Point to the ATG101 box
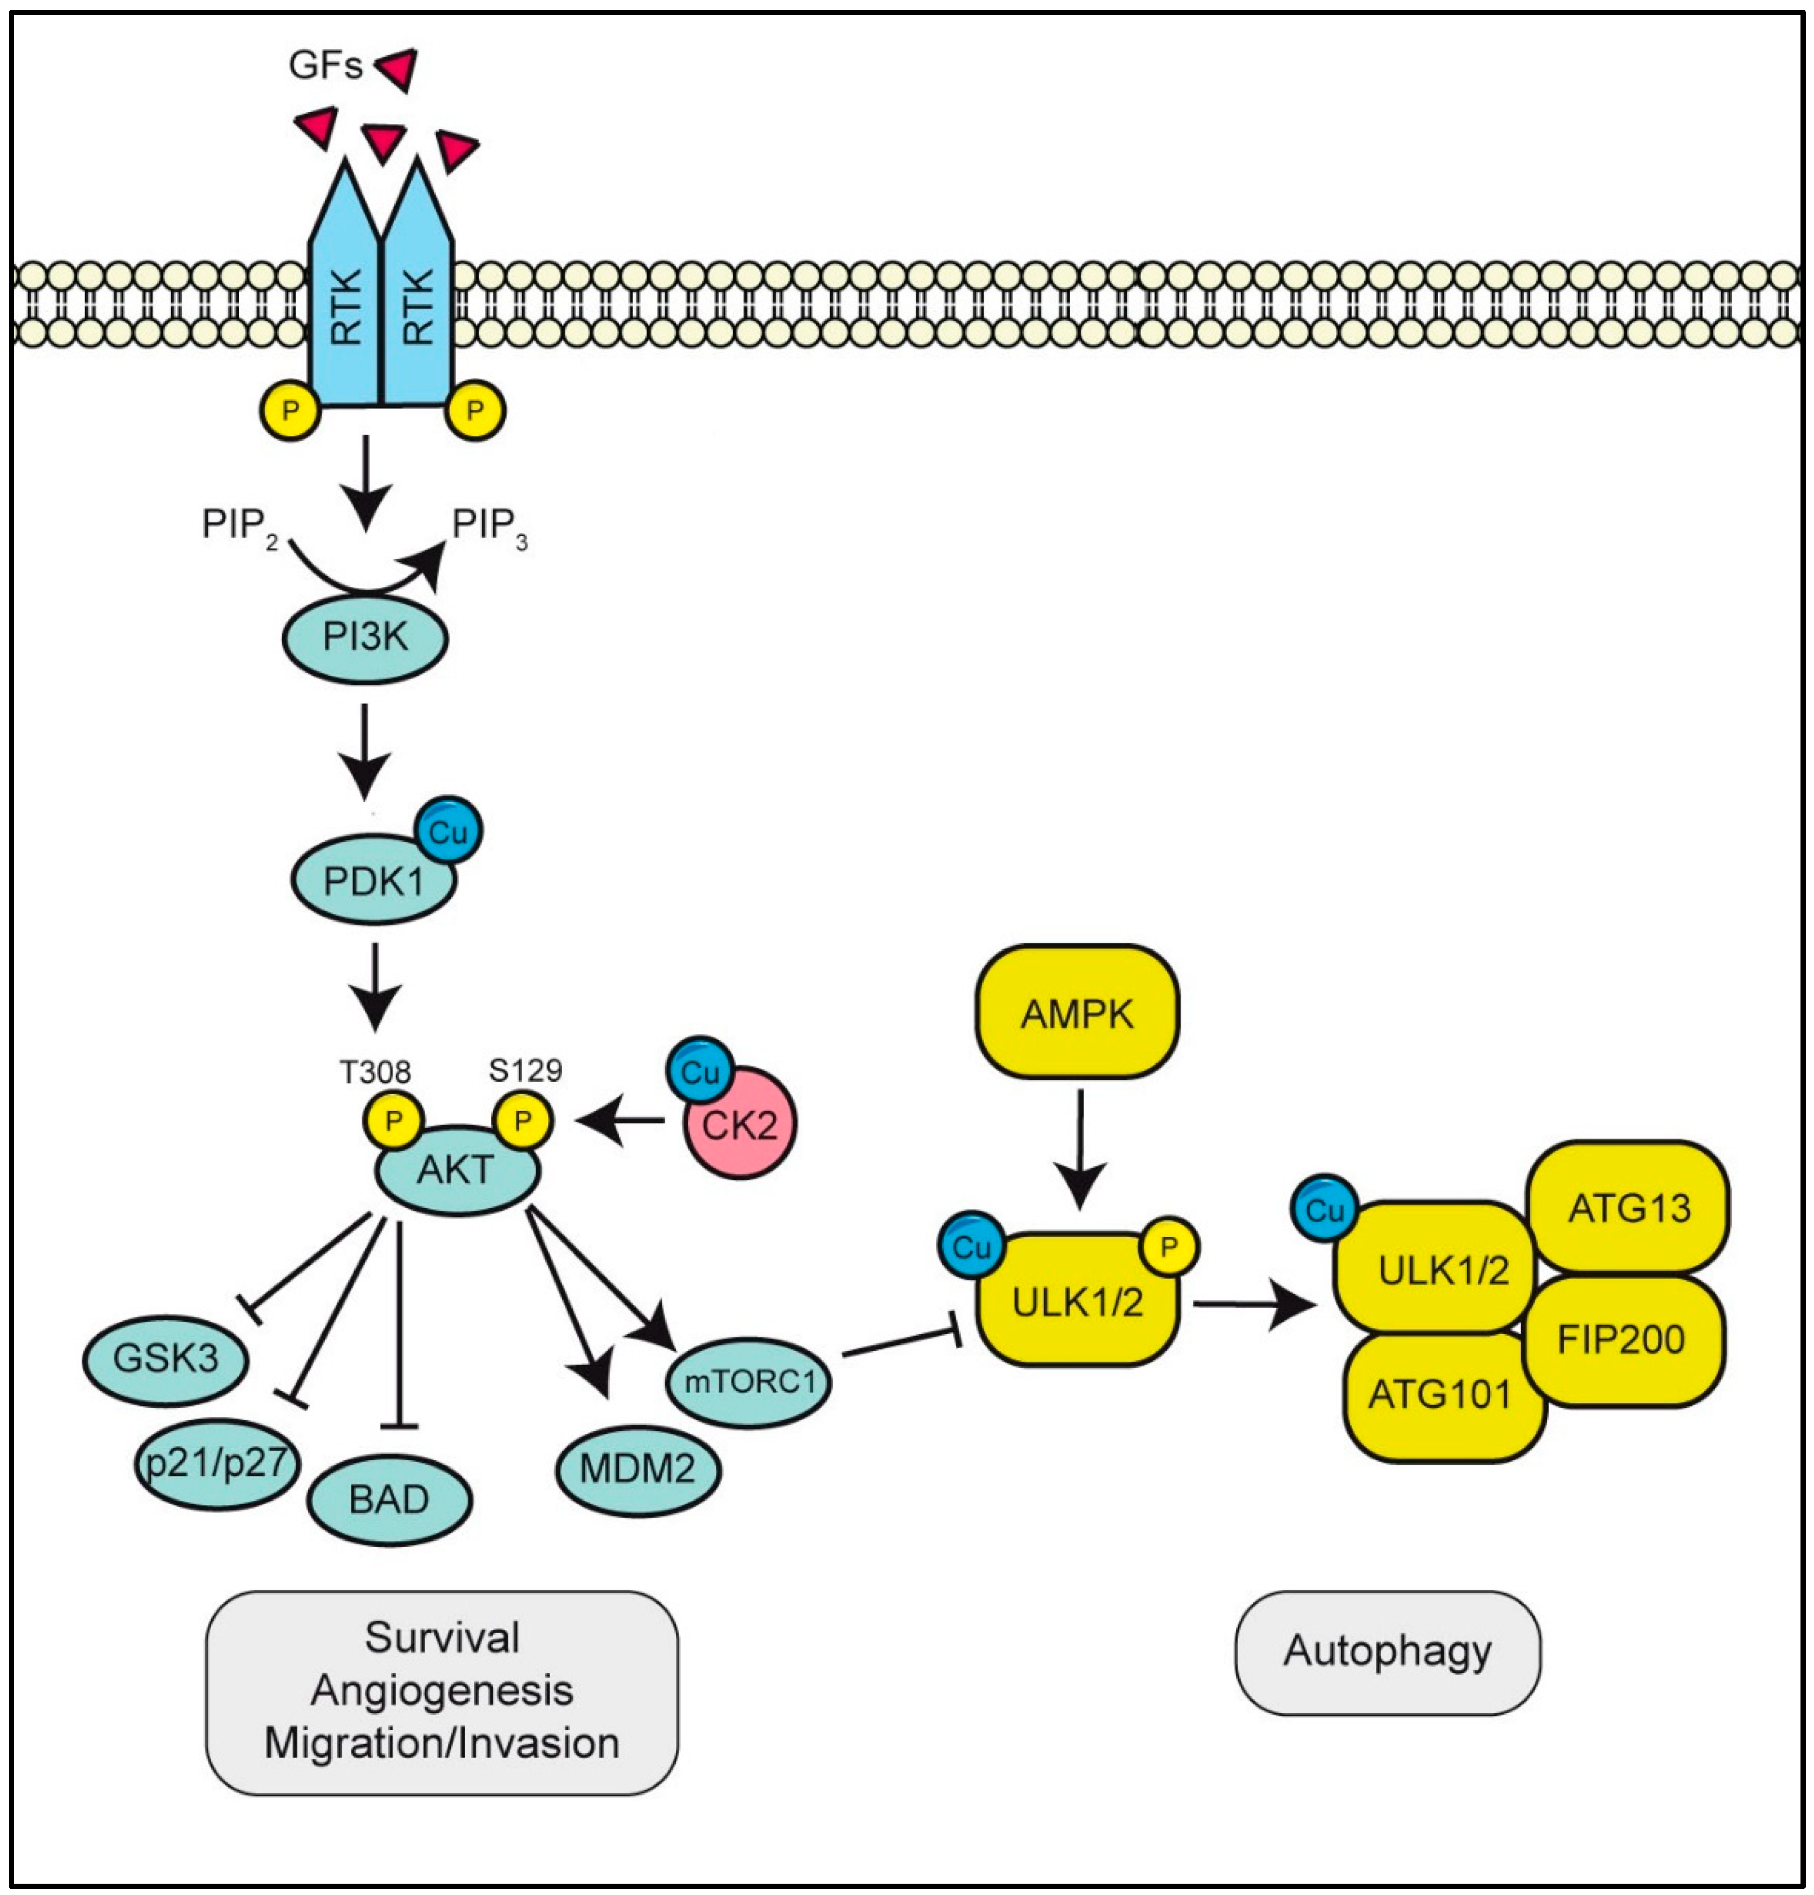[1441, 1395]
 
